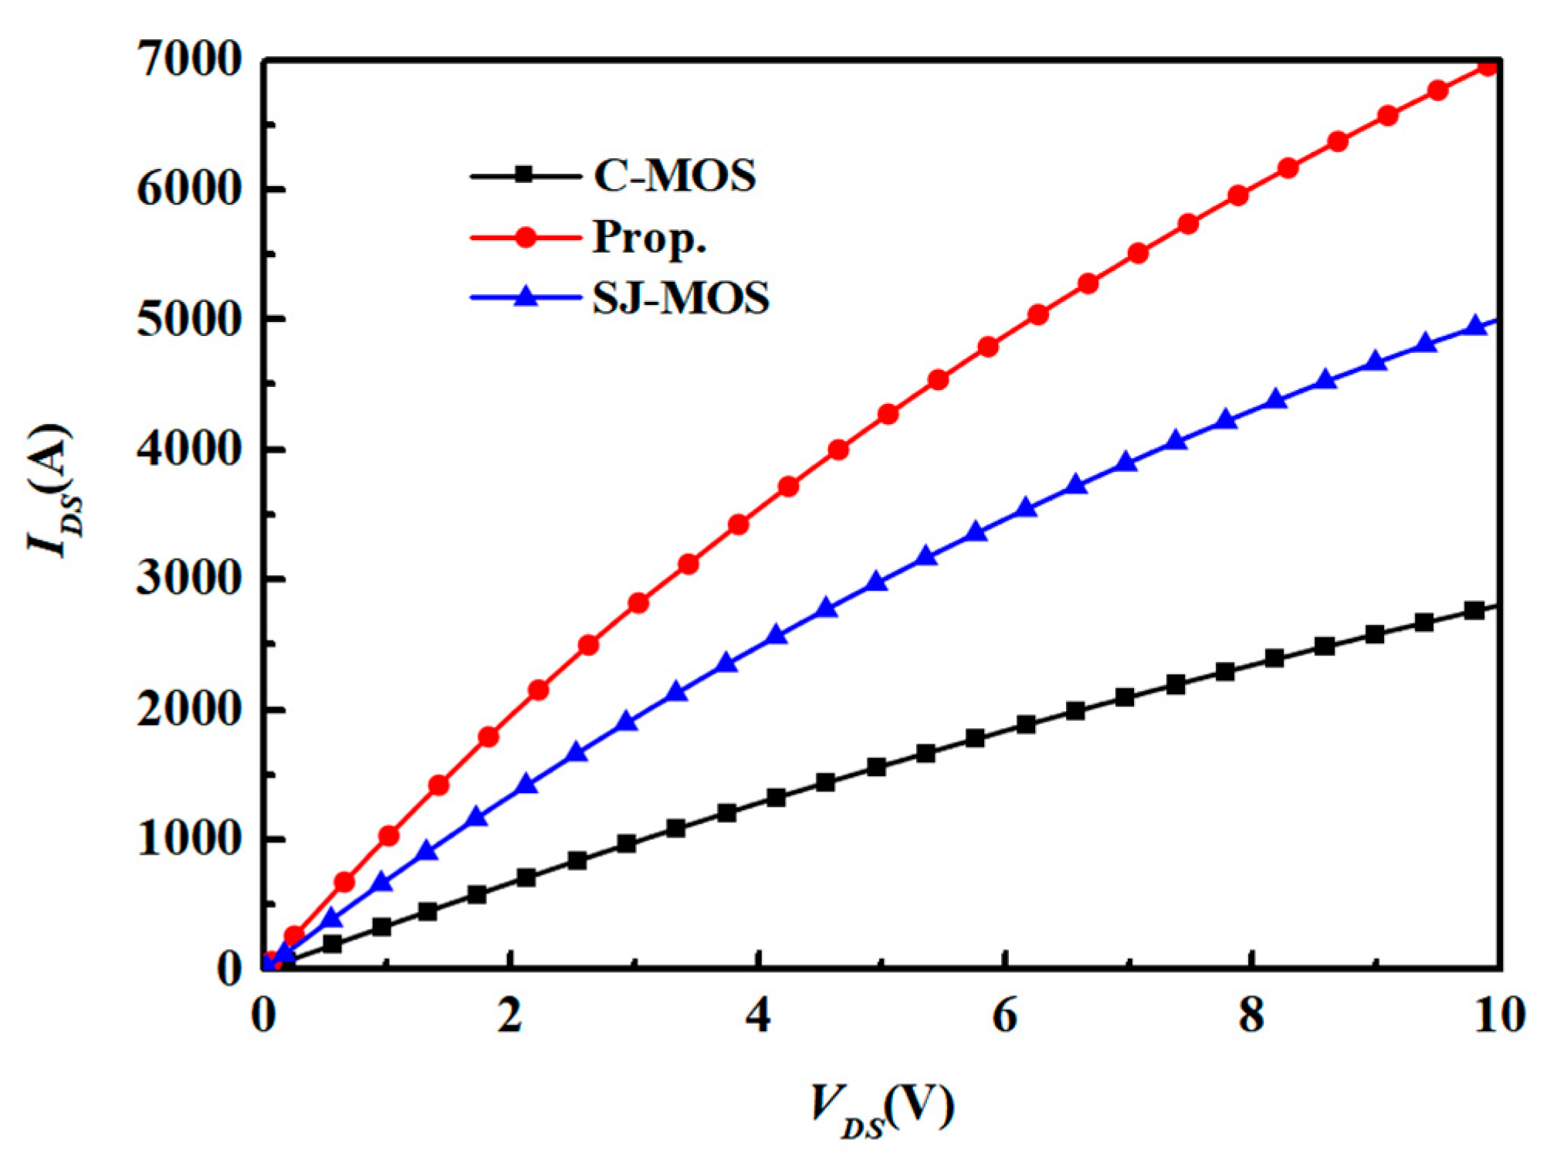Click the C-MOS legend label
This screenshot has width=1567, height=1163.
(x=674, y=176)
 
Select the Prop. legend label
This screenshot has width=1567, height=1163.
(x=649, y=237)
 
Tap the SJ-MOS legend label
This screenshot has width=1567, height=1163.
(x=680, y=298)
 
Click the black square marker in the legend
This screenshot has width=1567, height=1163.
(x=525, y=175)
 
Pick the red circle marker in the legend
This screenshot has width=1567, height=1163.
(x=526, y=237)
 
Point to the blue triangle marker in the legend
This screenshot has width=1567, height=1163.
(x=526, y=297)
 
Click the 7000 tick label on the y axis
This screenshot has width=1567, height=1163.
(x=189, y=60)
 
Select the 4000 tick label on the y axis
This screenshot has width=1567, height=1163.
(x=189, y=449)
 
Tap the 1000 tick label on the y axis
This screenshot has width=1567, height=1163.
(x=189, y=839)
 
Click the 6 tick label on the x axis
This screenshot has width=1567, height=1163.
(x=1004, y=1016)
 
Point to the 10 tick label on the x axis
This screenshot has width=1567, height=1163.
(x=1499, y=1016)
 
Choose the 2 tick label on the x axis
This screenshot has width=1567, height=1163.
(x=509, y=1016)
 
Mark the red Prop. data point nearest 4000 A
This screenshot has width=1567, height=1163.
(x=838, y=449)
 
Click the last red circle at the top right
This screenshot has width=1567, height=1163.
(x=1487, y=66)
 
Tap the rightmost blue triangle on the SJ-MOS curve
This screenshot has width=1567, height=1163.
(x=1476, y=326)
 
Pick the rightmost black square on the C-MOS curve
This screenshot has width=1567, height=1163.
(x=1474, y=610)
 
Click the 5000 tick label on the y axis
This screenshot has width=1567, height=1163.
(x=189, y=320)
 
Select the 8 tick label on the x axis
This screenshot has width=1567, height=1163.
(x=1251, y=1016)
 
